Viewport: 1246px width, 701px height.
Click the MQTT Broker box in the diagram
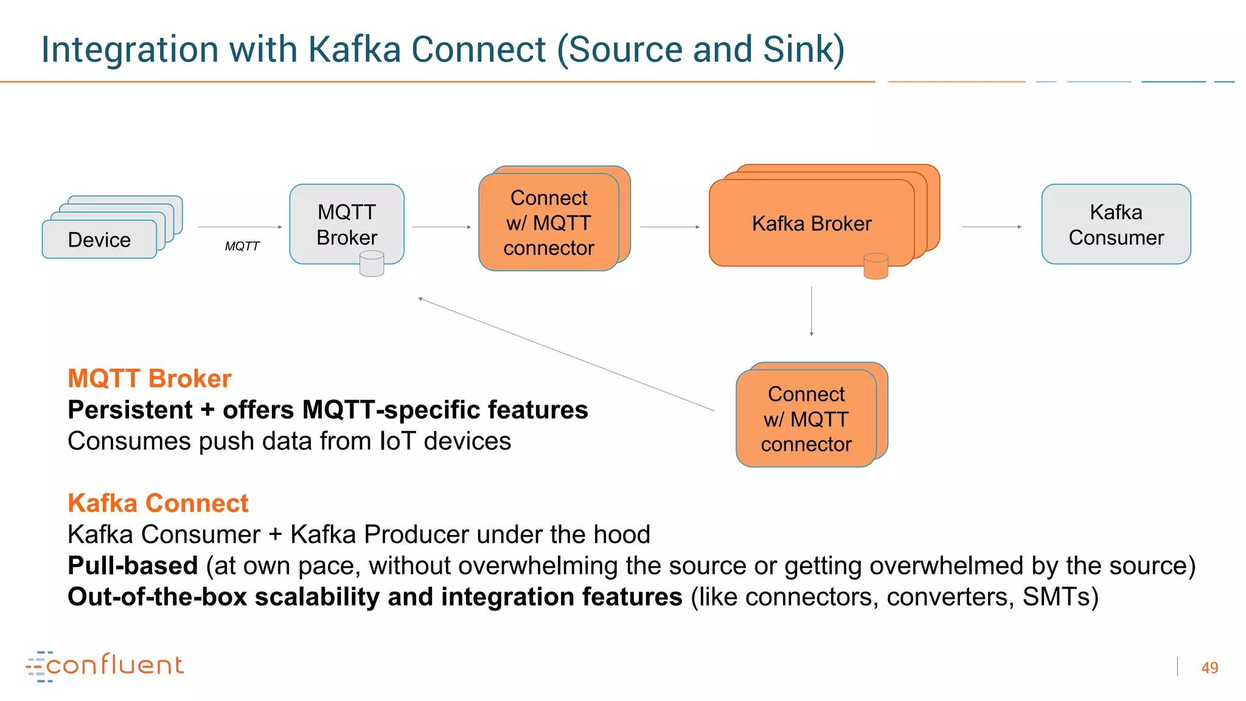click(346, 224)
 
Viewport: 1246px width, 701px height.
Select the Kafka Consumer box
click(1115, 224)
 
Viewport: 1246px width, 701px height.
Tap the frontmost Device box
click(99, 240)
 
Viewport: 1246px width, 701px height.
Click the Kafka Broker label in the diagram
click(811, 223)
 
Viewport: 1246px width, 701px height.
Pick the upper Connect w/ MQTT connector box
click(549, 223)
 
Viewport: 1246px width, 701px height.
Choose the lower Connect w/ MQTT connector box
click(806, 419)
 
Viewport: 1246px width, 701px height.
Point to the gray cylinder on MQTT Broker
click(371, 264)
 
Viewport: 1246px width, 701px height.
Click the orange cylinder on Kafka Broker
click(875, 267)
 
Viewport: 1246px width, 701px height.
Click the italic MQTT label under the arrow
click(242, 246)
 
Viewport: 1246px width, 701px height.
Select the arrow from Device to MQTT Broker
click(240, 227)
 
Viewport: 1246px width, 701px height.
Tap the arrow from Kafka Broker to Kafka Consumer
click(991, 226)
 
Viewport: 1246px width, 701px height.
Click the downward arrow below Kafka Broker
click(811, 311)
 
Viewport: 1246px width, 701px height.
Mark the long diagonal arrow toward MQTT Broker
click(566, 354)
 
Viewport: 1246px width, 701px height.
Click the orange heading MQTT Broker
click(149, 378)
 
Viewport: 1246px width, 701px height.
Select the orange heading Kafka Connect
click(158, 503)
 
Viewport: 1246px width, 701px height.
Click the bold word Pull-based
click(133, 566)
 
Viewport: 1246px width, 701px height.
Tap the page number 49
click(1209, 668)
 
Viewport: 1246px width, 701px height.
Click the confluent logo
click(105, 666)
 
